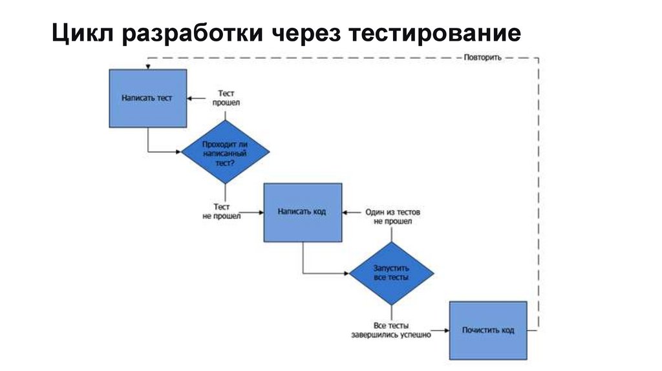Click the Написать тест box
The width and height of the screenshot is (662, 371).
click(x=147, y=98)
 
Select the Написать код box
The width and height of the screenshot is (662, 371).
click(x=302, y=212)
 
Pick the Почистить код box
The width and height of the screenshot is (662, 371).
click(x=488, y=330)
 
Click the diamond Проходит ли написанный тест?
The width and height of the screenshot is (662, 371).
click(x=224, y=153)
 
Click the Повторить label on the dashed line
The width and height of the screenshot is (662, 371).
click(x=482, y=58)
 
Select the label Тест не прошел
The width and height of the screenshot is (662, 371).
click(x=222, y=211)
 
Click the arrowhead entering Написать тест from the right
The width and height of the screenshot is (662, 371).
click(x=190, y=98)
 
